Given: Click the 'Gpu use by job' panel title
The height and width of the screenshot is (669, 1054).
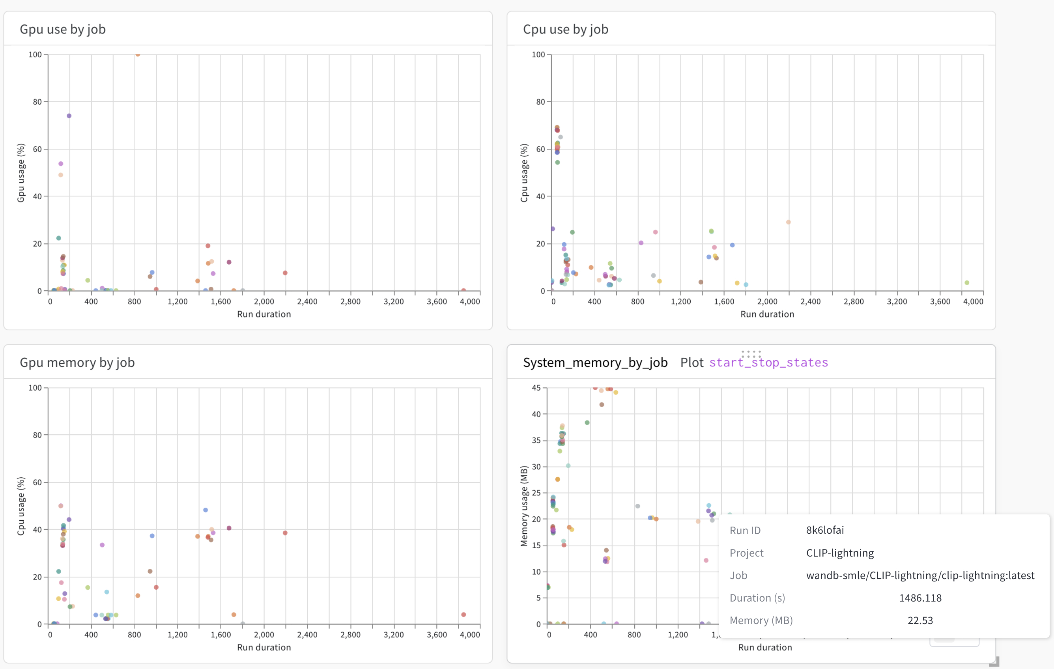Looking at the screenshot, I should coord(63,29).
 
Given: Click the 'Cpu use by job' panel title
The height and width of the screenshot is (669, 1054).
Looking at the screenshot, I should coord(566,29).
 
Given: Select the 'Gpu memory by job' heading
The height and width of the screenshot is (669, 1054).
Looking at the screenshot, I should coord(77,363).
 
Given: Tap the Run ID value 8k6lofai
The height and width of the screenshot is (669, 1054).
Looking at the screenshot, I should coord(825,530).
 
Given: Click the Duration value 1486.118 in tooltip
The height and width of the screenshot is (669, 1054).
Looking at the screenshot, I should coord(919,598).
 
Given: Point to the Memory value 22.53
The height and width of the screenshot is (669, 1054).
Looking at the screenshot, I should coord(919,620).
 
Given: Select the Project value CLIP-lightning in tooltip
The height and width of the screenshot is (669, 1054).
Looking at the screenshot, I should coord(839,553).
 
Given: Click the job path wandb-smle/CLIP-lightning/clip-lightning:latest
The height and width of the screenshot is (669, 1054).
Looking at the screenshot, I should coord(919,575).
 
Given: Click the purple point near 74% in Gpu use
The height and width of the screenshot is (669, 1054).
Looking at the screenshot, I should coord(69,116).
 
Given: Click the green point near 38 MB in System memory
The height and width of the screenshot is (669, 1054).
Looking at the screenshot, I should coord(587,423).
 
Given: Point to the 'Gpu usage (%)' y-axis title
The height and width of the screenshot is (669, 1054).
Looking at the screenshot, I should coord(21,173).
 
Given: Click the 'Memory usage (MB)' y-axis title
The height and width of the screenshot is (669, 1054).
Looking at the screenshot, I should coord(524,506).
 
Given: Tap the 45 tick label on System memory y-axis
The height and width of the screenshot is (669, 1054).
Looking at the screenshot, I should coord(536,388).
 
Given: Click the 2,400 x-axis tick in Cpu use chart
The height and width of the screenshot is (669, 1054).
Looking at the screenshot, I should coord(810,302).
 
